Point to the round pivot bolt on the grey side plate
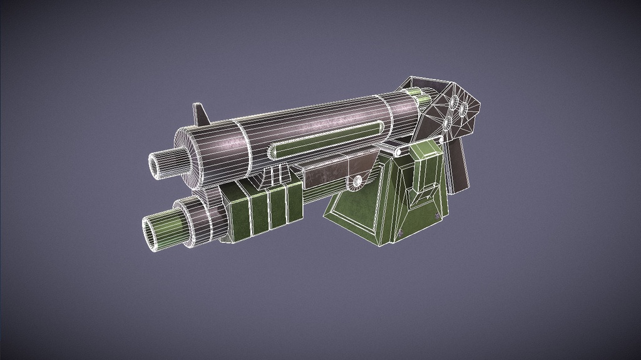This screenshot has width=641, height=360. (357, 182)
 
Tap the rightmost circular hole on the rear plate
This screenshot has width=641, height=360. (464, 111)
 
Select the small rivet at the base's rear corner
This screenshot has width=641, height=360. (436, 217)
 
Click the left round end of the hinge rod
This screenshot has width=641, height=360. (397, 152)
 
